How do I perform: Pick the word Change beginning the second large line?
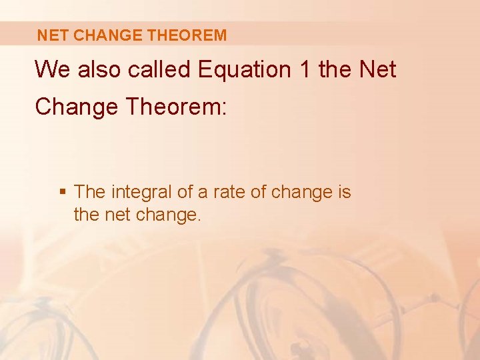click(x=74, y=107)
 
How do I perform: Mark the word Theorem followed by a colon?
click(x=174, y=107)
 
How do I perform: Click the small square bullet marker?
click(x=63, y=193)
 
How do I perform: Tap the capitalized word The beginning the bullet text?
click(x=91, y=193)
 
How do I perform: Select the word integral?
click(x=142, y=193)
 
